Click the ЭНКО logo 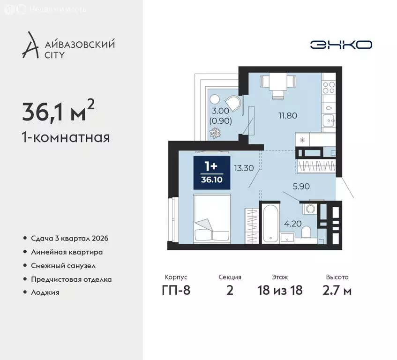click(341, 45)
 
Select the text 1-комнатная click(66, 138)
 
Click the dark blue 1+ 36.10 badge click(212, 172)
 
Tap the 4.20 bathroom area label click(292, 224)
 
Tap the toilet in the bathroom click(307, 232)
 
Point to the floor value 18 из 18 click(279, 290)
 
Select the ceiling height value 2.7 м click(337, 290)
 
